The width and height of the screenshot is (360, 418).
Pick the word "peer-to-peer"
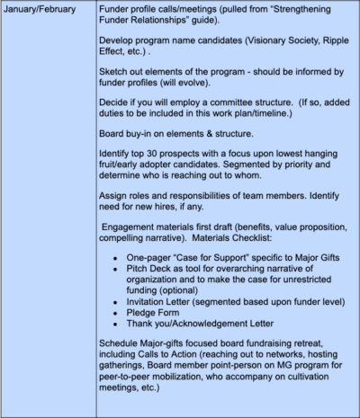point(132,396)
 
